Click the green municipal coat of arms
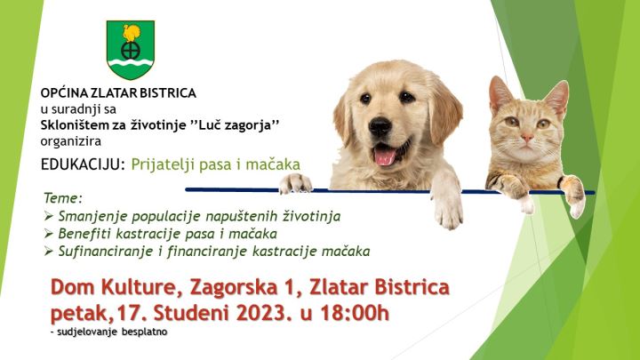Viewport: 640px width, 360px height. (131, 50)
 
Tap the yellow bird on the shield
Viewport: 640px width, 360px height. (132, 33)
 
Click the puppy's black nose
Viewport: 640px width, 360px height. (380, 126)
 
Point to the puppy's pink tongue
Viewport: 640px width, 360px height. (385, 156)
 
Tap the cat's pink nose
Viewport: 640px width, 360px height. (527, 138)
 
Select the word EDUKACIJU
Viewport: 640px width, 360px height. (83, 164)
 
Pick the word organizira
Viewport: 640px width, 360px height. (70, 141)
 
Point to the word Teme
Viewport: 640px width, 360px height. (62, 198)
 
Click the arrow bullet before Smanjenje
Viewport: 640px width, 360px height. (49, 216)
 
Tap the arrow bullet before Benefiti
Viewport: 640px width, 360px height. (49, 234)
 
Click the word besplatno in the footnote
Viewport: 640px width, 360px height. (144, 332)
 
